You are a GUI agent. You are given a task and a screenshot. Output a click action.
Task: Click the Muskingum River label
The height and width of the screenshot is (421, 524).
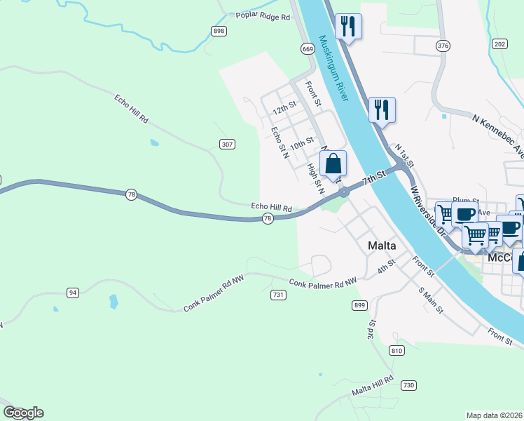pyautogui.click(x=333, y=69)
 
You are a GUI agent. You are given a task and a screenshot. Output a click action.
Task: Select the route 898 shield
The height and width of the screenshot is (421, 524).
pyautogui.click(x=219, y=31)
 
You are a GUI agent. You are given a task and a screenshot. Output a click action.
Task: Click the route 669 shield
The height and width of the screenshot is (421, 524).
pyautogui.click(x=308, y=48)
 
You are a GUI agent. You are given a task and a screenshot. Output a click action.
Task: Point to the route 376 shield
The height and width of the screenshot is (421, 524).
pyautogui.click(x=442, y=46)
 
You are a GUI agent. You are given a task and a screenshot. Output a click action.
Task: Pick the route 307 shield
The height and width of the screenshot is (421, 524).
pyautogui.click(x=226, y=144)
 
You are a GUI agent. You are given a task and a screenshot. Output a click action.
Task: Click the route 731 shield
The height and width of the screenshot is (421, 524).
pyautogui.click(x=278, y=295)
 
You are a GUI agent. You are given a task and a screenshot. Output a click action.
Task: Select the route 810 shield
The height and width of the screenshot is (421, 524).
pyautogui.click(x=397, y=350)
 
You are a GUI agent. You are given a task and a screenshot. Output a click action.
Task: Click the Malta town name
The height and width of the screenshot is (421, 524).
pyautogui.click(x=382, y=246)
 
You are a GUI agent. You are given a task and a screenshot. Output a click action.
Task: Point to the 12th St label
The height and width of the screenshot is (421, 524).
pyautogui.click(x=284, y=110)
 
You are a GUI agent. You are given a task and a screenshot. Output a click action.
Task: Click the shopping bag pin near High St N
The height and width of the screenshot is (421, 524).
pyautogui.click(x=334, y=164)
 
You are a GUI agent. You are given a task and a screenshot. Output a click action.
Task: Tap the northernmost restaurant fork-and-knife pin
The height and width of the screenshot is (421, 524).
pyautogui.click(x=348, y=27)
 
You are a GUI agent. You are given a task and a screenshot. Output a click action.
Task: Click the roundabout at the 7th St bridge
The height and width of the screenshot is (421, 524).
pyautogui.click(x=344, y=192)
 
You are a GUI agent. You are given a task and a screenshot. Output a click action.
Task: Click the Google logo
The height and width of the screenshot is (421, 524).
pyautogui.click(x=23, y=413)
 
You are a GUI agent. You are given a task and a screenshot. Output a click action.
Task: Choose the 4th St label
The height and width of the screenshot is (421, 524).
pyautogui.click(x=387, y=268)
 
